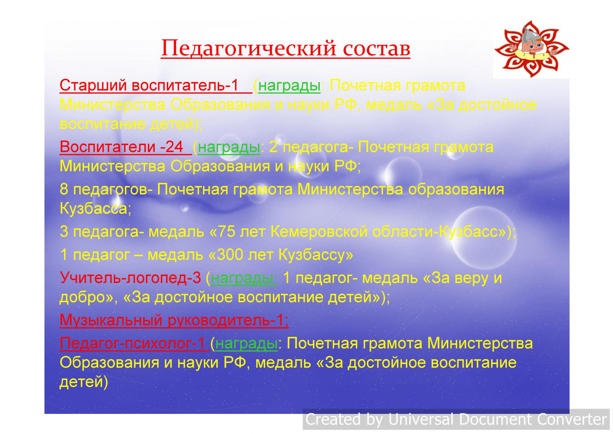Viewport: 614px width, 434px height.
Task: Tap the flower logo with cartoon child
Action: point(531,49)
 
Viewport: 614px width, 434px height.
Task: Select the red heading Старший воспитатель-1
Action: point(149,85)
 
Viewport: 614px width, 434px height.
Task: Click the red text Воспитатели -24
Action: point(122,147)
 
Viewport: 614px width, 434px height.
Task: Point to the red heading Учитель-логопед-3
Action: point(130,278)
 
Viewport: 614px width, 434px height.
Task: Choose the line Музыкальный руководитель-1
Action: point(174,320)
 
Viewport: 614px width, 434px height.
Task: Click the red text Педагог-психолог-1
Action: point(132,343)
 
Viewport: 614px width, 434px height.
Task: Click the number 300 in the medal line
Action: point(229,255)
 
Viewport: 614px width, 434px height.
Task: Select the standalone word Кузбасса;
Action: point(96,209)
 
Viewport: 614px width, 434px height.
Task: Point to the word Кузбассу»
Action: point(316,255)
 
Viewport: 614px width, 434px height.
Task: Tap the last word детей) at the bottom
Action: point(84,382)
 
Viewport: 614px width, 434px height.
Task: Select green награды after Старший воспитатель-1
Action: point(289,85)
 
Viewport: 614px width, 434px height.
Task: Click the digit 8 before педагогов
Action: point(64,189)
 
